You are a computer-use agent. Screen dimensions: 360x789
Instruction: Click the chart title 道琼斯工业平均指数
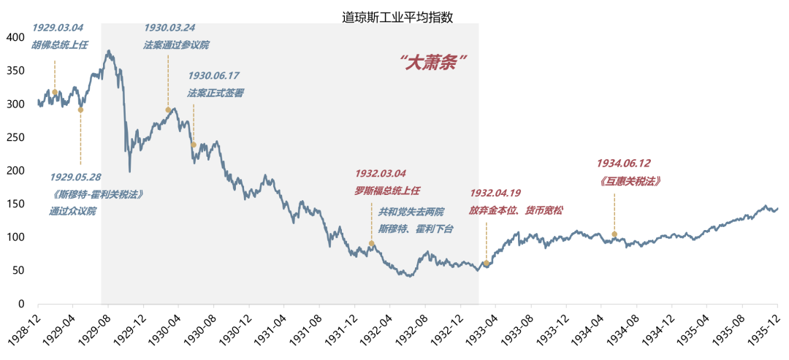397,17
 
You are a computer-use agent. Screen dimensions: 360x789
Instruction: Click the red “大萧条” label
433,62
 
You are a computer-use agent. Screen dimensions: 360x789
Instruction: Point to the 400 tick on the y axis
15,37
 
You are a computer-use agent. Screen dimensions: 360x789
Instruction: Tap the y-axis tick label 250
15,137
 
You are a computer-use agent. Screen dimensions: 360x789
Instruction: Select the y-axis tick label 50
18,270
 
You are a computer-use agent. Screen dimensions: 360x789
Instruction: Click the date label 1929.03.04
57,28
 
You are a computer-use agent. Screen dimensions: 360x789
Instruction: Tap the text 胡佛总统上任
59,45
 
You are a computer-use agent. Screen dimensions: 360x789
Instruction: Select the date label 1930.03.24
169,28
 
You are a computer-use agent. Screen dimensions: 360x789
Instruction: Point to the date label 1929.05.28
75,177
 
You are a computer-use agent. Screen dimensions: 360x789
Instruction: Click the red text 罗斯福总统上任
387,190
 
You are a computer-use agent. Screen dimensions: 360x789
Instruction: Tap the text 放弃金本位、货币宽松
516,210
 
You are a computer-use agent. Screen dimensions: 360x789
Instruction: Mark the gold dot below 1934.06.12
614,234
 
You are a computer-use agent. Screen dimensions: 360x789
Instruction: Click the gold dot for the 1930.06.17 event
194,145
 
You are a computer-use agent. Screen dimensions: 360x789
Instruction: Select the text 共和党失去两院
411,212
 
